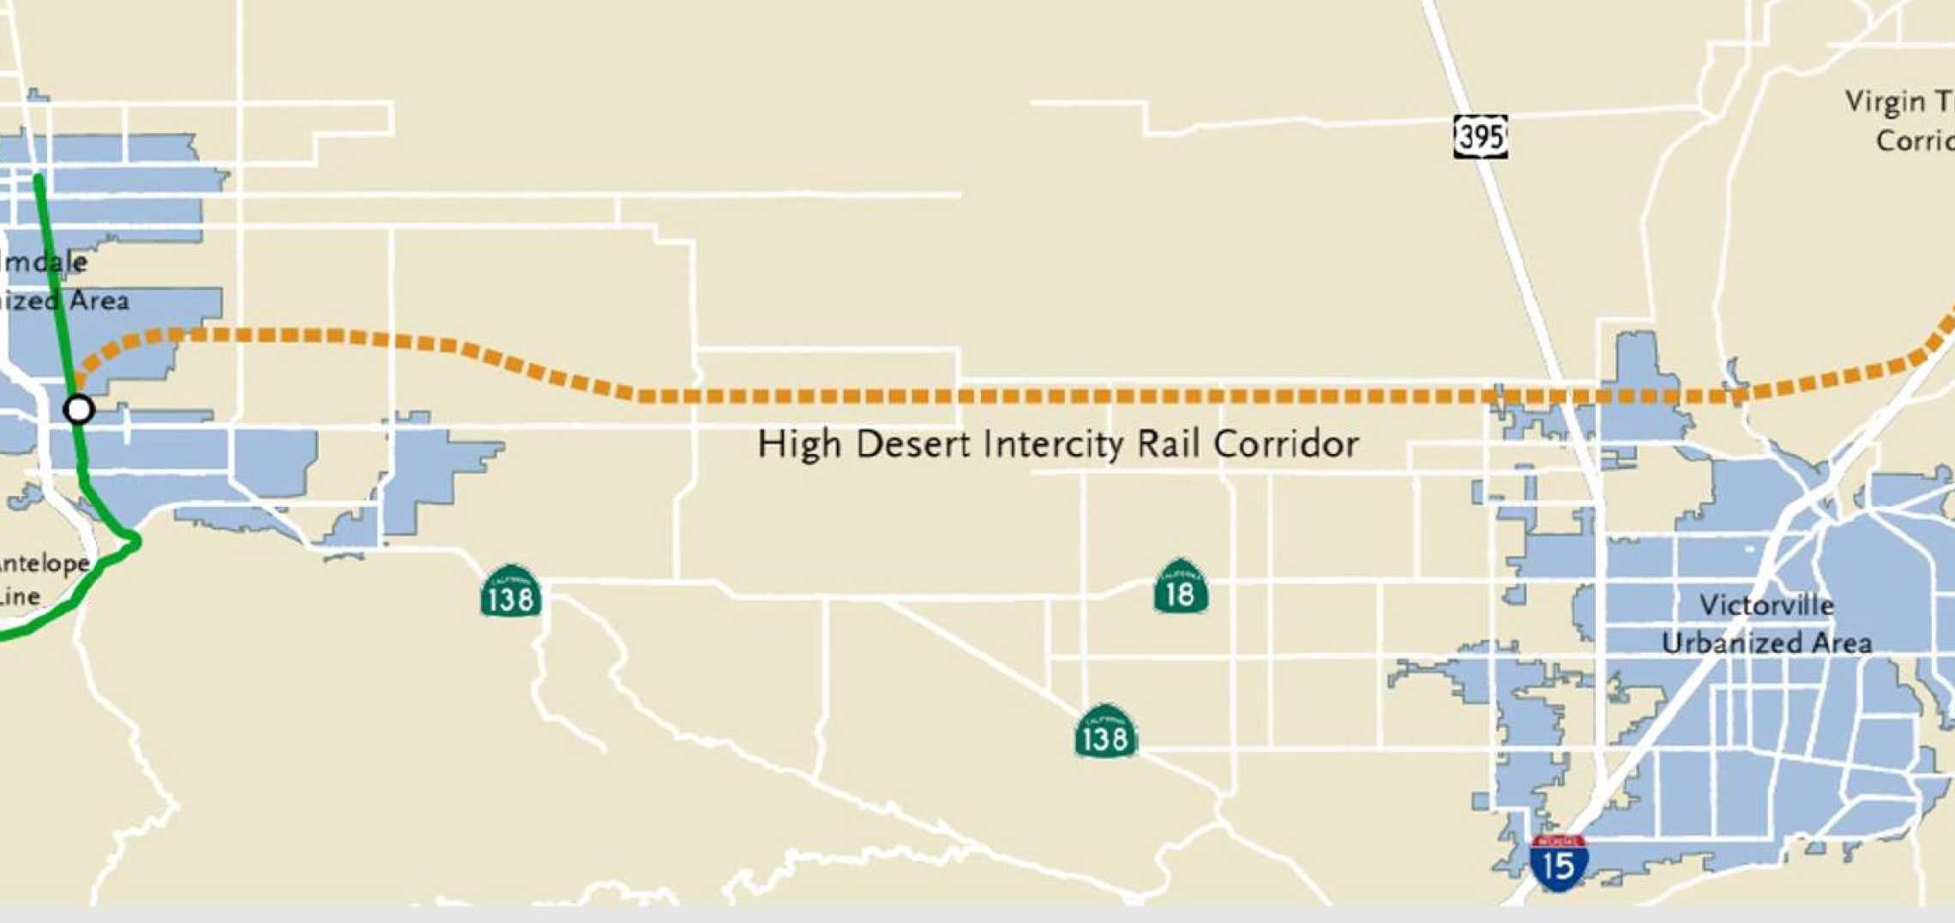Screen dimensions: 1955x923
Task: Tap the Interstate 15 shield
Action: click(1558, 863)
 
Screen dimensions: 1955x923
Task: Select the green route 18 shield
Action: click(1181, 588)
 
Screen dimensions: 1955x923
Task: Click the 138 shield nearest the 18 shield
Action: click(1105, 733)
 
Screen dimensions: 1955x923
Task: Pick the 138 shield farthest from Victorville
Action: click(511, 593)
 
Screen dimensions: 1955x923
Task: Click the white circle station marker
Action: click(79, 409)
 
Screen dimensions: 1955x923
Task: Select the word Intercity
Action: click(1054, 444)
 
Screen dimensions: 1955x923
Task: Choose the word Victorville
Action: click(1766, 606)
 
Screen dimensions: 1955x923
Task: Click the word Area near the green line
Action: click(99, 301)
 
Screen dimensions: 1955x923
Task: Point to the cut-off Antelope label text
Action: click(45, 564)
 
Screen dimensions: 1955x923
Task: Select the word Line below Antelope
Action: click(19, 597)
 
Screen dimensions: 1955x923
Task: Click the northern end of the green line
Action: click(39, 178)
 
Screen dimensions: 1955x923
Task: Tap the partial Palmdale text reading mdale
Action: click(43, 262)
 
